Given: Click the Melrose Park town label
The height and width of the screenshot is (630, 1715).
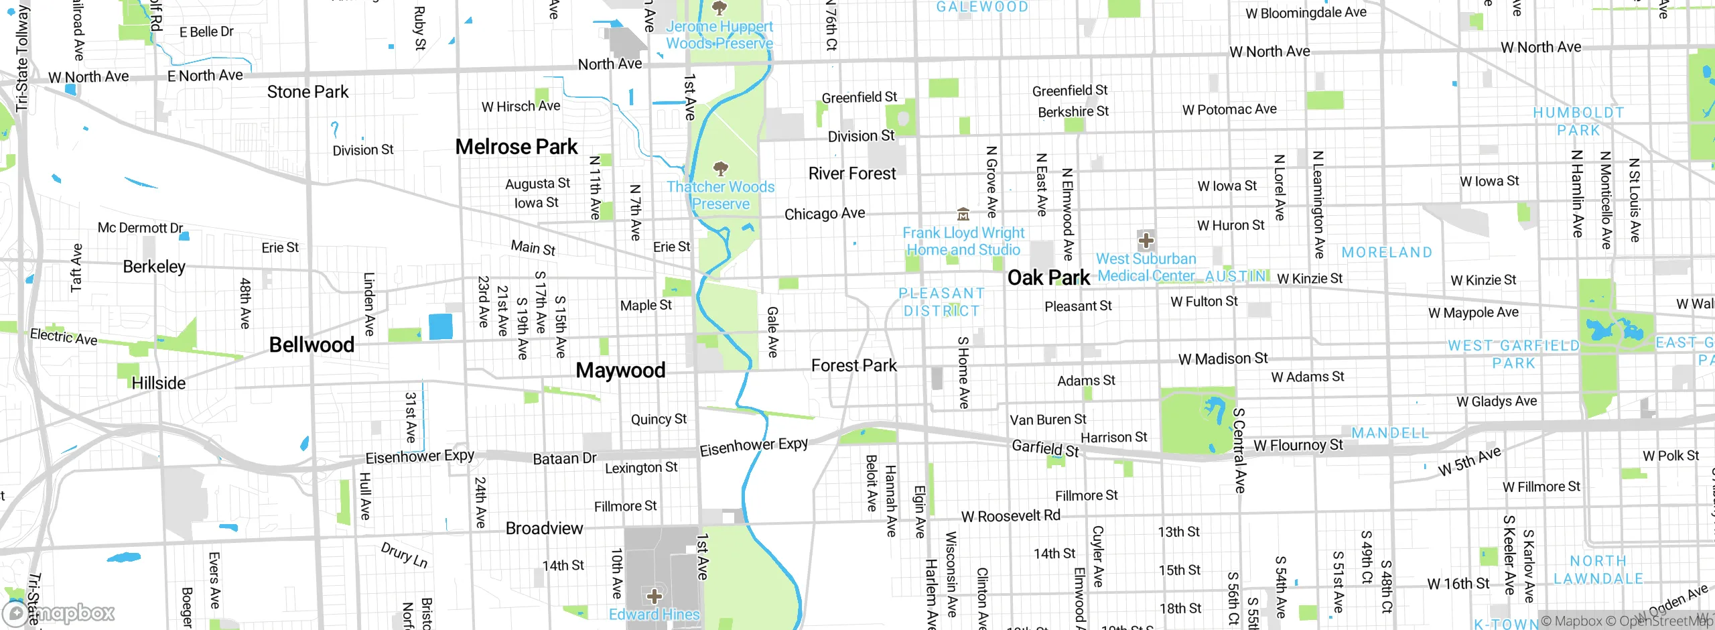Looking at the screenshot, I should point(516,147).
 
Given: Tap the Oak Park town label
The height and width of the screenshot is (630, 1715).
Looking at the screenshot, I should point(1048,277).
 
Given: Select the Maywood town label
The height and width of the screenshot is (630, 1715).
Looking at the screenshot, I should point(620,370).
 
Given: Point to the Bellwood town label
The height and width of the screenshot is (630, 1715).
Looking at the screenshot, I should point(312,344).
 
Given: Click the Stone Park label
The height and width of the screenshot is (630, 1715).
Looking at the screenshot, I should point(307,92).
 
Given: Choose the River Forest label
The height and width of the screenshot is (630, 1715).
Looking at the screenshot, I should point(851,174).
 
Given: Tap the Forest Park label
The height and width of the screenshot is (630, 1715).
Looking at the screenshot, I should point(853,365).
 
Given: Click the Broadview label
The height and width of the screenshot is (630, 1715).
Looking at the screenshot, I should point(544,528).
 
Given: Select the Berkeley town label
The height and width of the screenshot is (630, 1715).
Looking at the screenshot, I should point(154,267).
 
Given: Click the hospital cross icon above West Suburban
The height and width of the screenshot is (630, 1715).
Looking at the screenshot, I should point(1146,240).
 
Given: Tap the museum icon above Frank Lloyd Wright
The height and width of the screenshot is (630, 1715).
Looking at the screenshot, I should point(963,214).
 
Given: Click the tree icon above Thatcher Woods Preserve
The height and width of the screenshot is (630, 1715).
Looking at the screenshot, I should point(721,168).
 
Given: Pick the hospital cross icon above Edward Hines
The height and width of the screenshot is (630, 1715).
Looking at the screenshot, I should point(654,596).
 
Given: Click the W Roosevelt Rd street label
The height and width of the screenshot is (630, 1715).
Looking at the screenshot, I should point(1010,516).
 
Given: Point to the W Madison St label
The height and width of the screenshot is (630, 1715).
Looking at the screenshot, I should point(1223,359).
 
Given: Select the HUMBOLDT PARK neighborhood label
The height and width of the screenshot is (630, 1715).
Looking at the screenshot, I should point(1578,121).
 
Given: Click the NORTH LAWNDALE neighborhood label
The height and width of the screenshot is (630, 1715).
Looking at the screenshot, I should point(1598,570).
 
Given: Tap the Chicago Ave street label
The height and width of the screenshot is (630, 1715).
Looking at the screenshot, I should point(824,214).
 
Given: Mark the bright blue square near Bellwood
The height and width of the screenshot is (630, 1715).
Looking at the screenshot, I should point(441,326).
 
